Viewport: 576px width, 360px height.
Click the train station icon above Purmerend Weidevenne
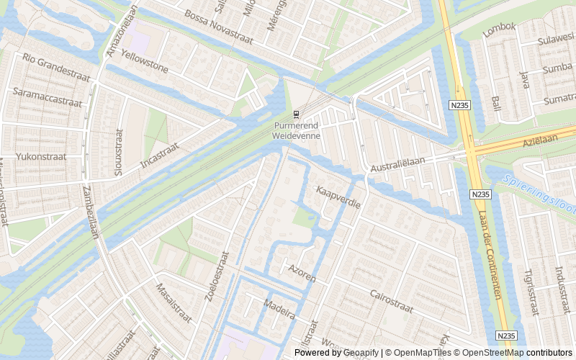[x=295, y=114]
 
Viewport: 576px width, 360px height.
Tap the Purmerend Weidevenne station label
[x=295, y=130]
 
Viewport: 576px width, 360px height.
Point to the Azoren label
[x=302, y=271]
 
